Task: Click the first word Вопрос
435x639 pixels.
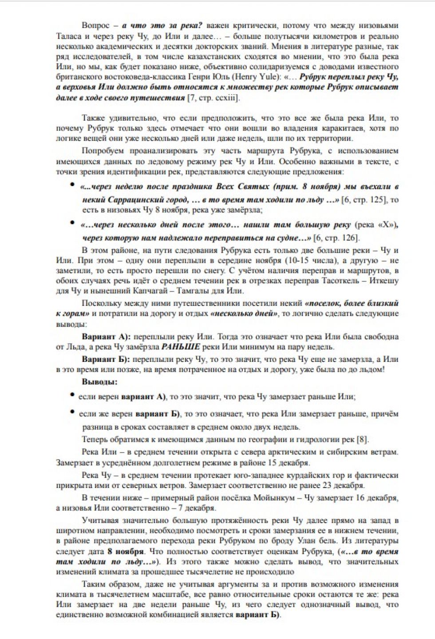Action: coord(95,26)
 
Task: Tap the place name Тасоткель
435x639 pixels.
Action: coord(339,281)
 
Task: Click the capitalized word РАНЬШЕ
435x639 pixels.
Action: coord(181,347)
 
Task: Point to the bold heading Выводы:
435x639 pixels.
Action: coord(99,382)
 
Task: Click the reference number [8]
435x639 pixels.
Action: coord(363,440)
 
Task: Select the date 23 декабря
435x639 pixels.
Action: coord(343,485)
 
